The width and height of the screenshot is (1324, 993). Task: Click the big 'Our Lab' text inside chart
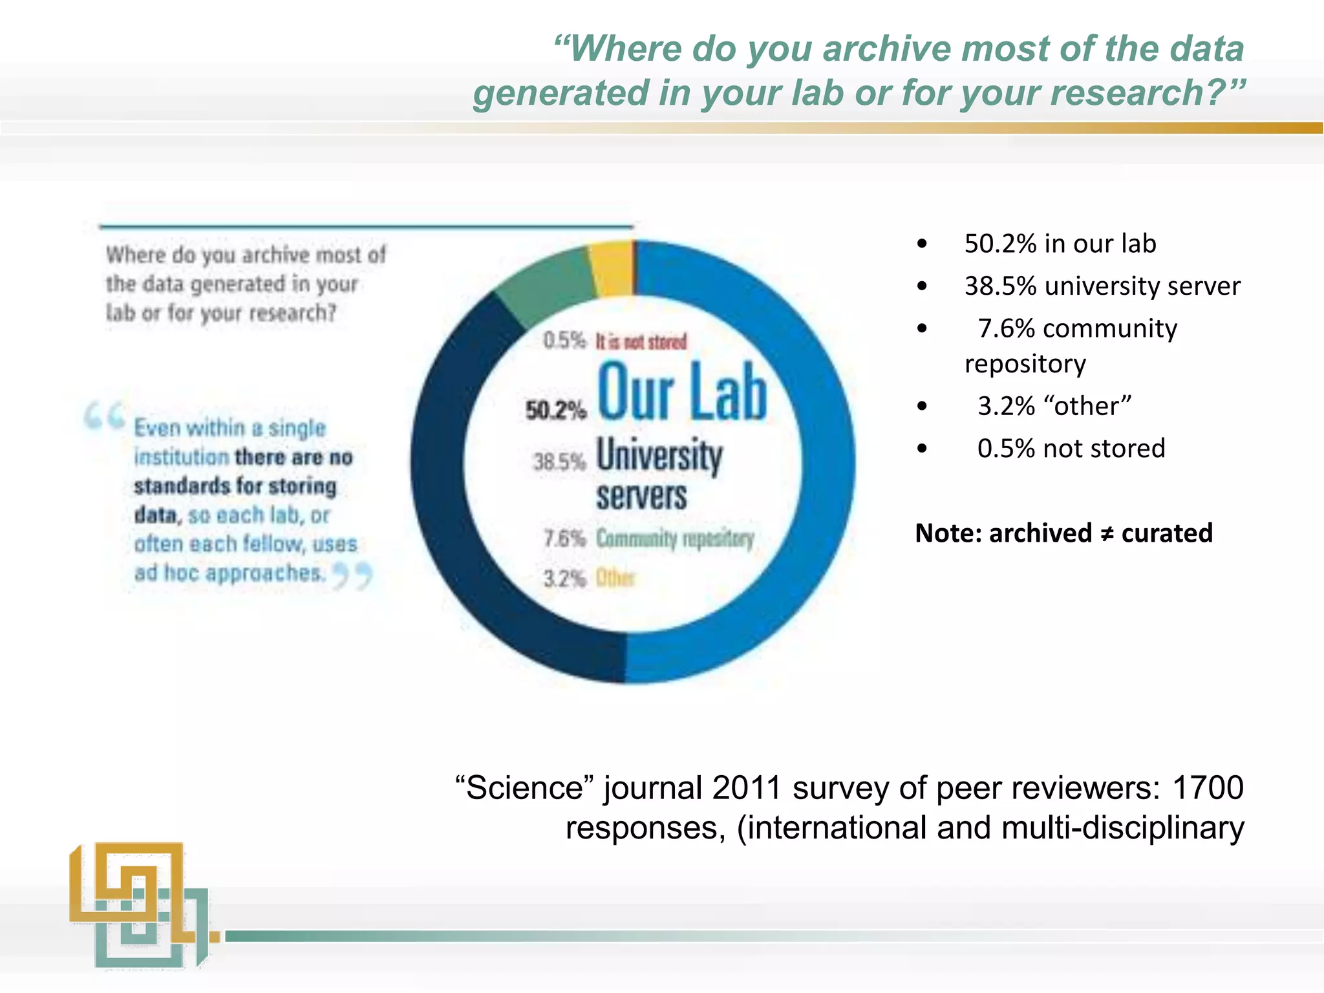coord(682,392)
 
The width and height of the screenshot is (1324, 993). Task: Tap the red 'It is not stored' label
coord(641,341)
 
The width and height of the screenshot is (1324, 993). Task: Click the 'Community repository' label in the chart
coord(675,538)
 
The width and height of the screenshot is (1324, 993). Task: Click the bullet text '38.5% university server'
coord(1102,286)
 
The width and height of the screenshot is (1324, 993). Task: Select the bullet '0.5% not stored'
coord(1071,448)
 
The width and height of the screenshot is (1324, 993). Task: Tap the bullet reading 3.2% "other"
coord(1054,406)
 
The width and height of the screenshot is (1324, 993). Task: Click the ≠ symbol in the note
coord(1107,534)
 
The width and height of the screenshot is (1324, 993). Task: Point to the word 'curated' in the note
coord(1167,533)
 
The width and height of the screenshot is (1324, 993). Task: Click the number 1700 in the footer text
coord(1208,787)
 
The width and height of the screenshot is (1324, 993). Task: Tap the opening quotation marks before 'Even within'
coord(104,415)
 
